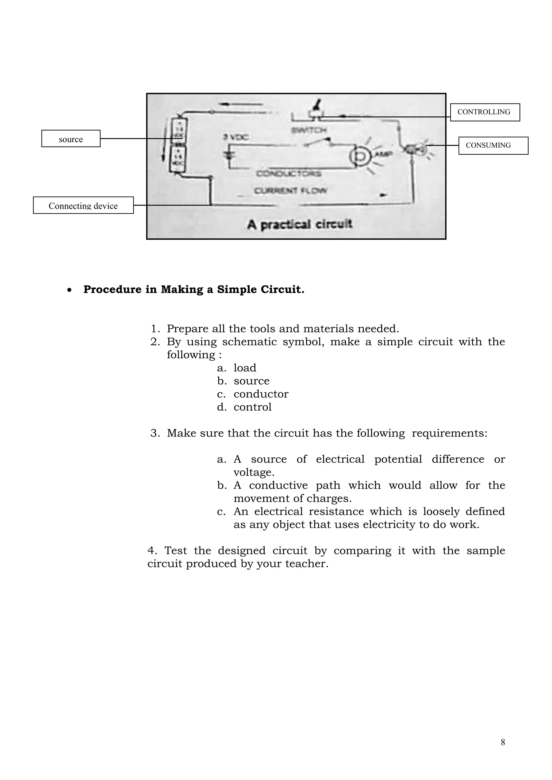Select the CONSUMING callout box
(x=493, y=145)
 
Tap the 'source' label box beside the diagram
(x=71, y=138)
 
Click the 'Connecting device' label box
(x=83, y=205)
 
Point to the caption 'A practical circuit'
(x=299, y=224)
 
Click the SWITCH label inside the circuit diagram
(x=309, y=130)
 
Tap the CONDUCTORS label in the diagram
(x=288, y=174)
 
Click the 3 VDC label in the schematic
(x=236, y=137)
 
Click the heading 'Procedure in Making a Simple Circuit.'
(x=194, y=289)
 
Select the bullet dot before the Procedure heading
(x=69, y=290)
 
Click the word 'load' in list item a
(x=245, y=368)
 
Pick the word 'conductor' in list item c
(x=261, y=394)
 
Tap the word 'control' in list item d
(x=252, y=407)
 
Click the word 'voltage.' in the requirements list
(x=254, y=473)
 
